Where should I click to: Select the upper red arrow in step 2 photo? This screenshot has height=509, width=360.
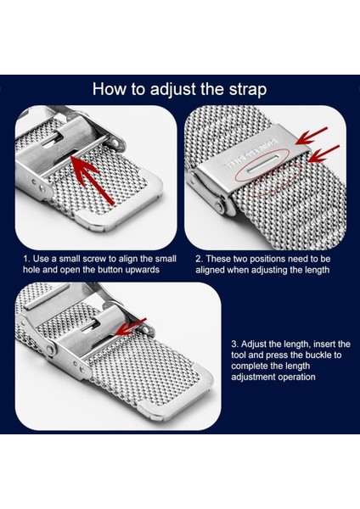tap(312, 136)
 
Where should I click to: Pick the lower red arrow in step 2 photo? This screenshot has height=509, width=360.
tap(323, 154)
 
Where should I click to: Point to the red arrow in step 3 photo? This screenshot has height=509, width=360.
tap(131, 327)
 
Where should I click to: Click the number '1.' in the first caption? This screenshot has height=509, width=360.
tap(26, 259)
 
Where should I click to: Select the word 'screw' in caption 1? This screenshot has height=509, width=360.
tap(94, 259)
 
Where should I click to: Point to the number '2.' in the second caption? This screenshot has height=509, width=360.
tap(200, 259)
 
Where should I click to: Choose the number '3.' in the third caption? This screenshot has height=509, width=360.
tap(235, 344)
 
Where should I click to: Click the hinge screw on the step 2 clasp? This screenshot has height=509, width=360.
tap(220, 206)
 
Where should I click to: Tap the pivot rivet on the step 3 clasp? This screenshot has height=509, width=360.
tap(50, 350)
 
